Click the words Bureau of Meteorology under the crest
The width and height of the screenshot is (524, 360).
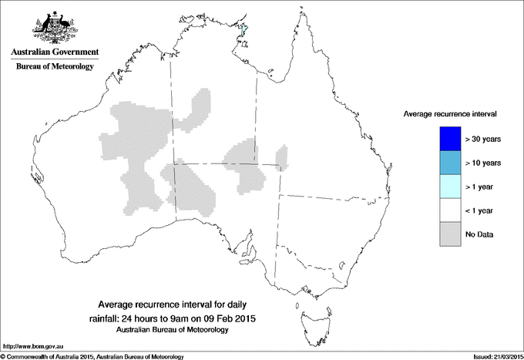coord(55,66)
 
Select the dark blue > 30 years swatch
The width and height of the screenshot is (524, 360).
coord(450,139)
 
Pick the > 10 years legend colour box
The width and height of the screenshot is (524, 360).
coord(450,163)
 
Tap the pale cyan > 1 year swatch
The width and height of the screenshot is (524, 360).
coord(450,187)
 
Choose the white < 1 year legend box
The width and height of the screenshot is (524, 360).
coord(450,210)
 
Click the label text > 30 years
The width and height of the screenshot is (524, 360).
coord(484,139)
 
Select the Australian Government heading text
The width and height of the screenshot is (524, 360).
coord(55,52)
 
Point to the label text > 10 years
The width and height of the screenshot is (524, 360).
coord(484,163)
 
